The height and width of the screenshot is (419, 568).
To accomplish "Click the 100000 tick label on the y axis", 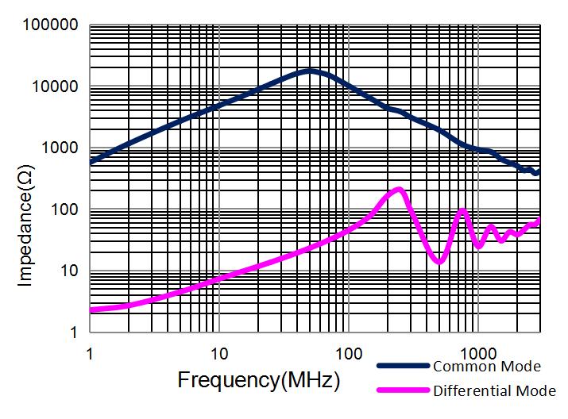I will point(50,25).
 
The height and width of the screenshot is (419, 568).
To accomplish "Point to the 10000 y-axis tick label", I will point(54,86).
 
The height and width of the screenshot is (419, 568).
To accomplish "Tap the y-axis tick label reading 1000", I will point(58,148).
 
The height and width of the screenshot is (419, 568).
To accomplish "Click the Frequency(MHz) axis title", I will point(259,379).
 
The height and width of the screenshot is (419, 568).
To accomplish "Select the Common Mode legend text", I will point(486,367).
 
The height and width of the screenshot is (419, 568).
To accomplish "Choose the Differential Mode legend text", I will point(494,390).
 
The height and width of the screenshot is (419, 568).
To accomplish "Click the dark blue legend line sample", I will point(404,367).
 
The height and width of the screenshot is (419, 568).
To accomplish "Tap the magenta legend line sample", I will point(404,390).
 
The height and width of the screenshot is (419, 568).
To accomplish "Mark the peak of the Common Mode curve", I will point(310,71).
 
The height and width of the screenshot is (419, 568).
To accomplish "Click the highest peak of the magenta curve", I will point(400,189).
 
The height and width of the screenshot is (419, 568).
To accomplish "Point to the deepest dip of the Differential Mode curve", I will point(439,260).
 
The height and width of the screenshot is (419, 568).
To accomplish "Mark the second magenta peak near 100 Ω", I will point(462,210).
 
